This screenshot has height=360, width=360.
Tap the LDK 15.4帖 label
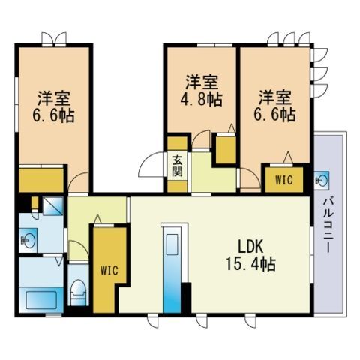pyautogui.click(x=248, y=256)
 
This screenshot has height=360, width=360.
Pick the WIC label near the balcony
pyautogui.click(x=283, y=180)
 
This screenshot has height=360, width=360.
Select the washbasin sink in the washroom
pyautogui.click(x=29, y=241)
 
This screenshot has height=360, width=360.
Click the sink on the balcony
pyautogui.click(x=325, y=179)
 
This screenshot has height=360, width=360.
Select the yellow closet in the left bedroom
pyautogui.click(x=40, y=181)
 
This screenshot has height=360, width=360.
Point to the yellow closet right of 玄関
pyautogui.click(x=225, y=148)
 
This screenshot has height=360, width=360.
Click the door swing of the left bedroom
pyautogui.click(x=79, y=182)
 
